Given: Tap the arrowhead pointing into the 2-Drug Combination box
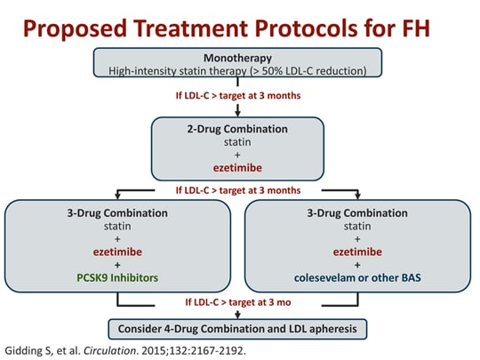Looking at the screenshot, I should click(x=238, y=113).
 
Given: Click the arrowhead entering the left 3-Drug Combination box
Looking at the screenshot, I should click(x=118, y=196).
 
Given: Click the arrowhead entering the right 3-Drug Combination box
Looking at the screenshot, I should click(x=358, y=196).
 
